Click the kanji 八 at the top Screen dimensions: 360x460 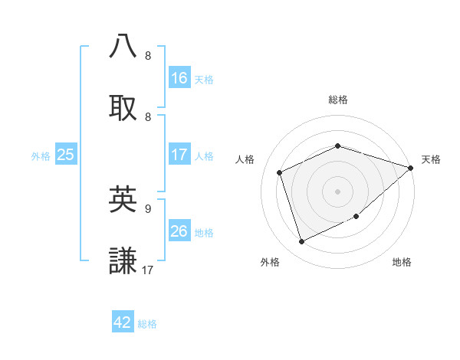[123, 46]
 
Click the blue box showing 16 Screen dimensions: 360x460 [179, 77]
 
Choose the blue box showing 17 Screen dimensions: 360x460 [179, 155]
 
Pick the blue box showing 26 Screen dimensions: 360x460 [179, 231]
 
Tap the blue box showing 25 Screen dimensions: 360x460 [65, 155]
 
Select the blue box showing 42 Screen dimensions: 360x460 [123, 322]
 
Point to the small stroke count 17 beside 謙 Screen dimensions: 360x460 [149, 270]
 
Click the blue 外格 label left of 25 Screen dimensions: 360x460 [41, 155]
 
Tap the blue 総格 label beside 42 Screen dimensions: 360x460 [147, 324]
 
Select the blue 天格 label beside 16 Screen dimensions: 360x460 [204, 79]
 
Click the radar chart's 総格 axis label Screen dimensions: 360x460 [338, 100]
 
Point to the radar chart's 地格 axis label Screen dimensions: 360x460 [402, 263]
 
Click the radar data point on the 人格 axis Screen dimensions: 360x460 [280, 172]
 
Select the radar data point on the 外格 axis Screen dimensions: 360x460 [301, 242]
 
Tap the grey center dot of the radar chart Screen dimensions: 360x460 [337, 191]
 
